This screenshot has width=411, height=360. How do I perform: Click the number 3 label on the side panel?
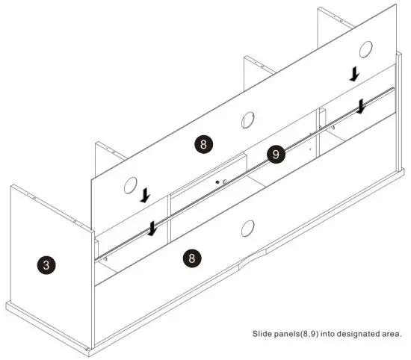click(x=46, y=264)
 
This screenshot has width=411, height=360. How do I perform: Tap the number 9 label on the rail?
click(x=276, y=155)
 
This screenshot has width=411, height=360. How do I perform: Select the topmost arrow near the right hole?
click(x=355, y=74)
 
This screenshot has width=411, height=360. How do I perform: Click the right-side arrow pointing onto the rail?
click(x=361, y=107)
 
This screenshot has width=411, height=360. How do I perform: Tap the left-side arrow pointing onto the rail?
click(x=152, y=228)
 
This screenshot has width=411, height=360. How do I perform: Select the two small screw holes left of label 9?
click(x=220, y=181)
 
